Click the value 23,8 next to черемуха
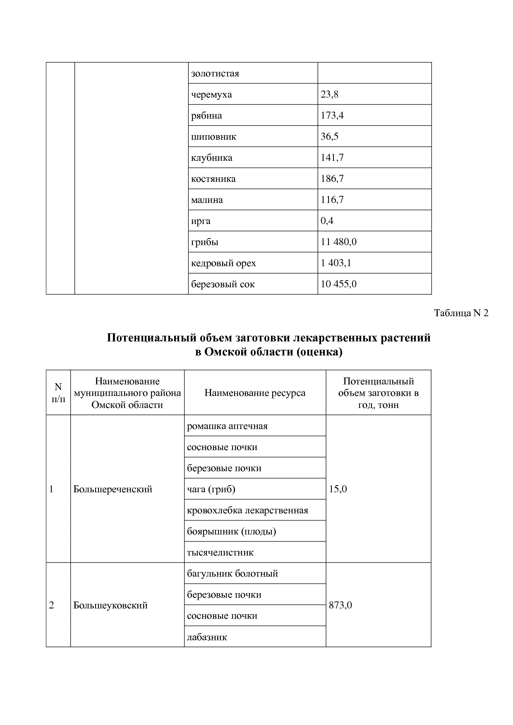[x=329, y=95]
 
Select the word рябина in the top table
[x=206, y=116]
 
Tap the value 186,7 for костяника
[x=332, y=179]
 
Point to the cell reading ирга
[x=201, y=221]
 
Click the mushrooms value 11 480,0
[x=338, y=242]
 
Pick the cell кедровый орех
[x=223, y=263]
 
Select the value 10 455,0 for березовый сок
[x=338, y=284]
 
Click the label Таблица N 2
[x=461, y=313]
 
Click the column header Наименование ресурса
[x=255, y=393]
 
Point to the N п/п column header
[x=58, y=393]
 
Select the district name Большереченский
[x=113, y=489]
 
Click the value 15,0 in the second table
[x=338, y=489]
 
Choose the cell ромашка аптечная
[x=227, y=426]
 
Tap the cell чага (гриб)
[x=211, y=489]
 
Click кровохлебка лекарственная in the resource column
[x=247, y=510]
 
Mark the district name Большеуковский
[x=110, y=606]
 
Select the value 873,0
[x=340, y=606]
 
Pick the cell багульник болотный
[x=232, y=574]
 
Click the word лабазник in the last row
[x=207, y=637]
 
